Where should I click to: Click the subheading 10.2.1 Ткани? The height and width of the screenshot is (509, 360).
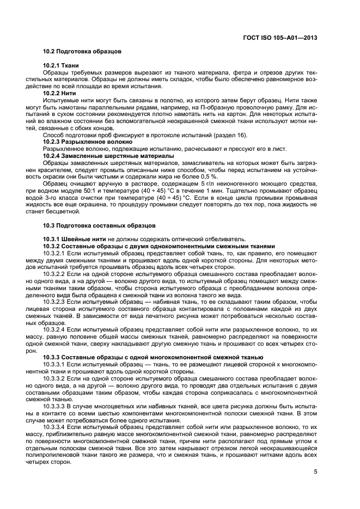tap(61, 65)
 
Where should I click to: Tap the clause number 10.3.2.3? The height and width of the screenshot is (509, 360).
tap(54, 301)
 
